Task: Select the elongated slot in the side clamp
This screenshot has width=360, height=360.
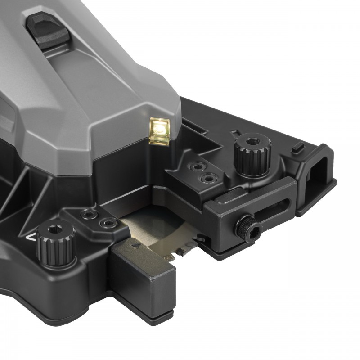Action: point(270,210)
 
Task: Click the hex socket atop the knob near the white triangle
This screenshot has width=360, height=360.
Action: point(56,229)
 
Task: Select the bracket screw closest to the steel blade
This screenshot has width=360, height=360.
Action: point(108,223)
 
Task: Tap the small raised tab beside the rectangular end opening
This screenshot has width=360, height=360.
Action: point(297,147)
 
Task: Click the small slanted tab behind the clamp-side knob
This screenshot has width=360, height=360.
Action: point(235,134)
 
